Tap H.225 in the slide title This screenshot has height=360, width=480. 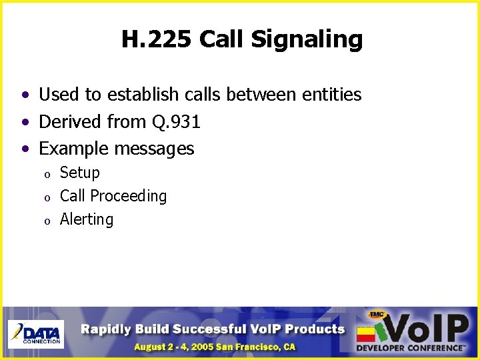point(157,39)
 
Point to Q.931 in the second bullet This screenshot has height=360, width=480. point(176,121)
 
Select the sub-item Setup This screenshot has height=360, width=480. point(80,173)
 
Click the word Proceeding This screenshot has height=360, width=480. point(128,196)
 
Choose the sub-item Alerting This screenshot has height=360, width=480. point(87,219)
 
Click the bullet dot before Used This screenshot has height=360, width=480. point(25,96)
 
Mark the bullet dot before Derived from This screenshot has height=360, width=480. point(25,123)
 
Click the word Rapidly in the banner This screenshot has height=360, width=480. point(107,329)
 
